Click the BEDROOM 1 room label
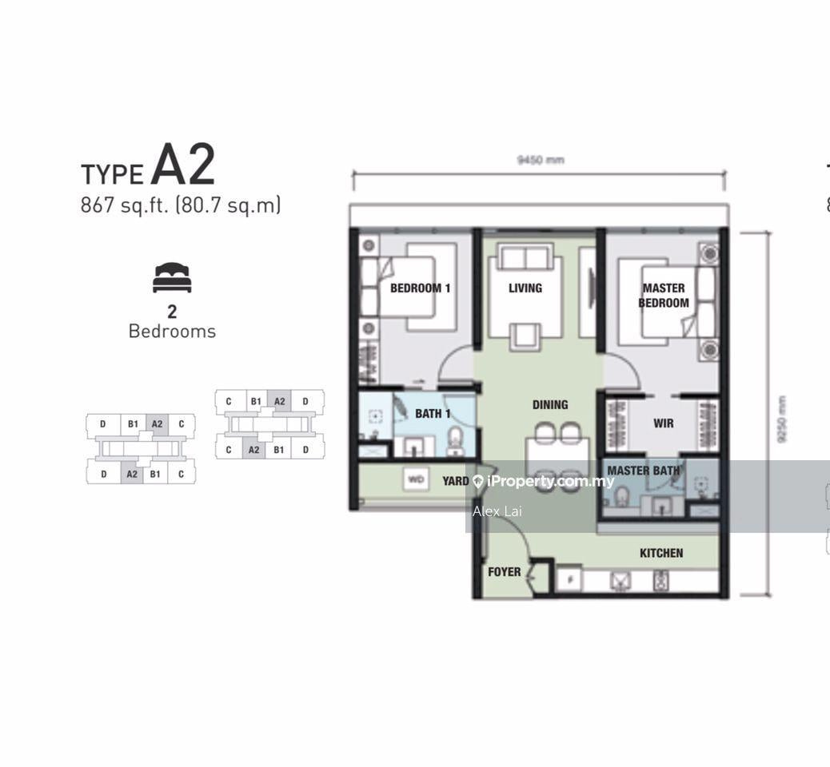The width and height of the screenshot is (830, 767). point(420,288)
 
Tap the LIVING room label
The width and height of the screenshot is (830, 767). point(525,288)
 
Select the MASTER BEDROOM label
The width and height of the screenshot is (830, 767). point(663,296)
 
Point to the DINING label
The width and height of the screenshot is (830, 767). point(550,404)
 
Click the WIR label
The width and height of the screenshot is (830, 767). point(663,423)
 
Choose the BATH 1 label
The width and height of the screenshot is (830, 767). point(433,413)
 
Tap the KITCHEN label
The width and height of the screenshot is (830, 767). point(661,552)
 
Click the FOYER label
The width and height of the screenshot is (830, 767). point(504,572)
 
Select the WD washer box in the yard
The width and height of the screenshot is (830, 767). point(416,480)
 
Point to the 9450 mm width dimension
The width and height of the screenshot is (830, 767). point(541,160)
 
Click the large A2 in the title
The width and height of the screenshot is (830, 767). point(183,165)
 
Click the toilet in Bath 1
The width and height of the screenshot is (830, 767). point(455,439)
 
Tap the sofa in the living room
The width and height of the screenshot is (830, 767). point(525,257)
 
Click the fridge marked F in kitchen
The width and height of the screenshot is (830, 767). point(569,580)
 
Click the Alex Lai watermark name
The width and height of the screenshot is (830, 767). point(497,511)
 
